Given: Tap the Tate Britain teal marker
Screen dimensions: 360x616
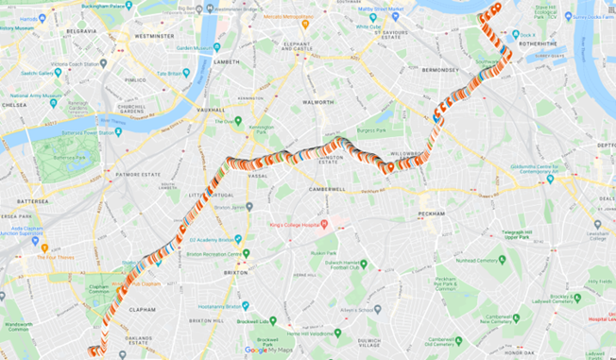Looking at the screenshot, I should click(x=186, y=73).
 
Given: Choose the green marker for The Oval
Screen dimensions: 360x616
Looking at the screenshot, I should click(x=238, y=121).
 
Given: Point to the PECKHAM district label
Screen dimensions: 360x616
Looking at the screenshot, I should click(x=431, y=214).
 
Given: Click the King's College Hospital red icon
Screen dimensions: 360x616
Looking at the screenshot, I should click(x=323, y=224).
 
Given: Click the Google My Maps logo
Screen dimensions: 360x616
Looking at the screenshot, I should click(x=270, y=350).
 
